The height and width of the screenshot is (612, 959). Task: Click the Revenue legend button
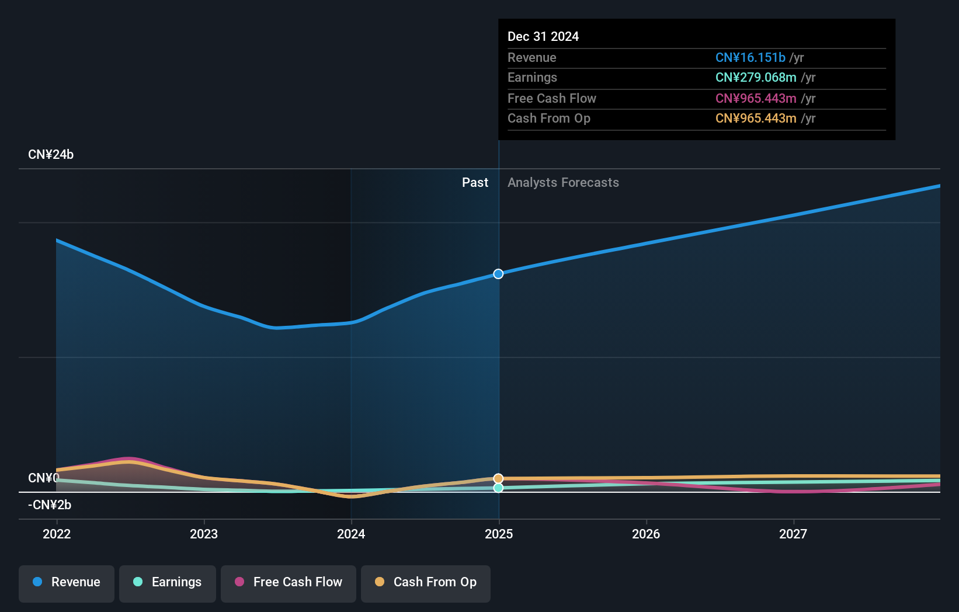click(x=67, y=583)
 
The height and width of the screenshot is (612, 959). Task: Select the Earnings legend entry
click(x=168, y=583)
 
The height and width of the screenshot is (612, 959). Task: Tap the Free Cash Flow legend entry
click(x=289, y=583)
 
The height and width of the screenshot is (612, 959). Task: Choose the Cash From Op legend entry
click(x=426, y=583)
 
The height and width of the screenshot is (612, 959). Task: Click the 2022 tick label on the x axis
click(x=57, y=534)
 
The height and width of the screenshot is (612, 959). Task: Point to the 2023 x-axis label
click(x=204, y=534)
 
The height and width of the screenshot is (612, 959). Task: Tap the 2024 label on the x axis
click(x=351, y=534)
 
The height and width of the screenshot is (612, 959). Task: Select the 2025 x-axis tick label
click(x=499, y=534)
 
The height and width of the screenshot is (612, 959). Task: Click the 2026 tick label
click(x=646, y=534)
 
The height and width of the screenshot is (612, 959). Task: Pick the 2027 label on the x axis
click(x=793, y=534)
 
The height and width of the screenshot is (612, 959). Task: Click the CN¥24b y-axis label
click(x=51, y=155)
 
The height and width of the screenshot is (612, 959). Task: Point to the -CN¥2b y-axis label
click(x=50, y=505)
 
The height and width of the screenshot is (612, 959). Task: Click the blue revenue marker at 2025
click(x=498, y=274)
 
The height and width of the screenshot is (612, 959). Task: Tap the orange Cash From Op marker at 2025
click(x=498, y=478)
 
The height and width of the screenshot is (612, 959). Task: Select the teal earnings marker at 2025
click(x=498, y=488)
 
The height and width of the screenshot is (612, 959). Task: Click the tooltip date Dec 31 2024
click(x=543, y=37)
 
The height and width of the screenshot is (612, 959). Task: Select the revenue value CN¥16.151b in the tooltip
click(x=750, y=58)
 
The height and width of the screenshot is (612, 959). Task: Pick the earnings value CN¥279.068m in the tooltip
click(x=756, y=78)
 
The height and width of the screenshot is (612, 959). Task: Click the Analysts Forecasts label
click(x=563, y=183)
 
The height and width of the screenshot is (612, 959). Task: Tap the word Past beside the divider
click(x=475, y=183)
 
